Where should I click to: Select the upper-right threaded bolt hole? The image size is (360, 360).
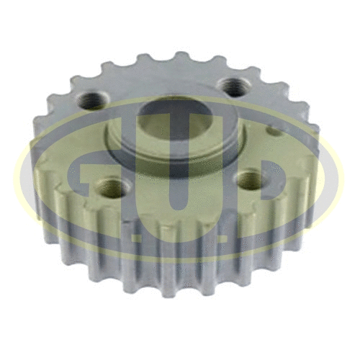coord(231,86)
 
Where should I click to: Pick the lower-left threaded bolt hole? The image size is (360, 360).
coord(111,189)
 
